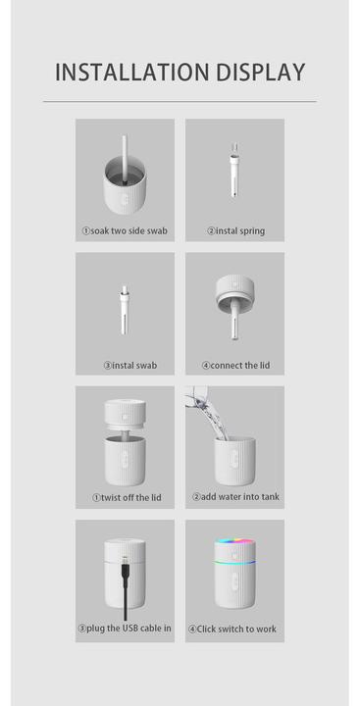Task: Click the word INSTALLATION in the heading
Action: coord(132,73)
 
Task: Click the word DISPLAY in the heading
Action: coord(260,73)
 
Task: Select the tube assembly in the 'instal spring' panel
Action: coord(233,171)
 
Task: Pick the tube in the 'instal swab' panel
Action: coord(125,310)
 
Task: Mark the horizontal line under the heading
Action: coord(180,102)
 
